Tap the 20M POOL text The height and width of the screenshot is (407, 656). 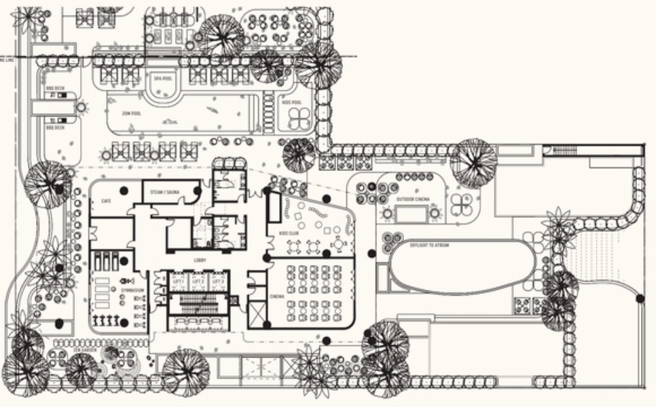(131, 114)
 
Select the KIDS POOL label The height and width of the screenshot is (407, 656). (292, 102)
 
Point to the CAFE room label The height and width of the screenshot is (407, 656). (106, 201)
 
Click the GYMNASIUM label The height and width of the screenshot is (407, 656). (132, 290)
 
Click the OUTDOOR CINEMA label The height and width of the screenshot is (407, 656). (411, 199)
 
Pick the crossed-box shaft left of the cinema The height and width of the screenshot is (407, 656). (259, 315)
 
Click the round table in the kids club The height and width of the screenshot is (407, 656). (338, 244)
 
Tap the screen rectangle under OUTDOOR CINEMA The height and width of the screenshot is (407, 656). (411, 214)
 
